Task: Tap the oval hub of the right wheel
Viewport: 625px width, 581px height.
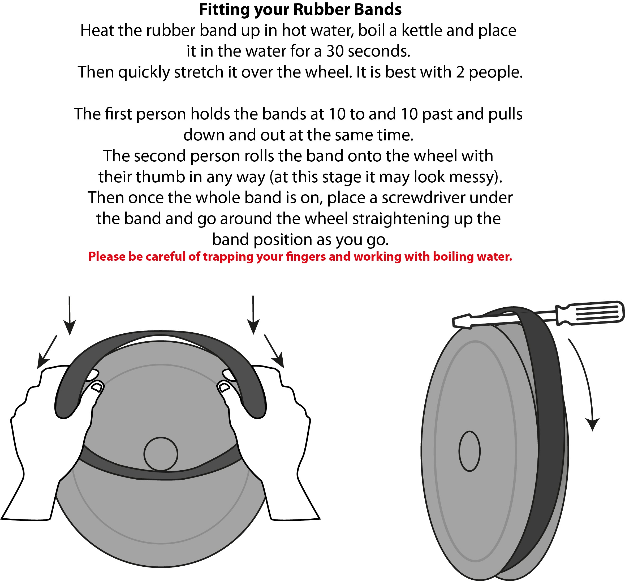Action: point(469,451)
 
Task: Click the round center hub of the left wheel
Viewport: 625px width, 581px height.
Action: point(161,454)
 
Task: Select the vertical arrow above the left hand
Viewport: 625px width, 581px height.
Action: point(70,315)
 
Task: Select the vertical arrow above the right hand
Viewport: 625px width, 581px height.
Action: point(253,315)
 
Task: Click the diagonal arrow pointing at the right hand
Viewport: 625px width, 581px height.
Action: point(274,351)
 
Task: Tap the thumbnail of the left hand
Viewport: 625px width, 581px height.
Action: point(97,386)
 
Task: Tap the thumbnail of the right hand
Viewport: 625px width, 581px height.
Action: point(224,387)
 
